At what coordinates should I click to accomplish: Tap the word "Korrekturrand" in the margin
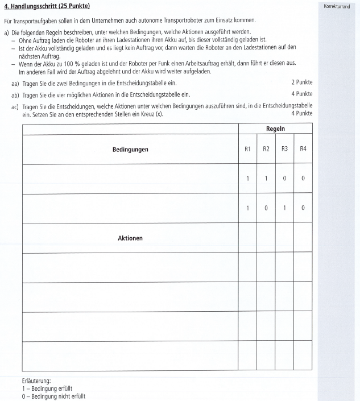click(x=336, y=6)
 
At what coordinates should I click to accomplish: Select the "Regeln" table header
click(x=275, y=130)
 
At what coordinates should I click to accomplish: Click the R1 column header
click(x=247, y=149)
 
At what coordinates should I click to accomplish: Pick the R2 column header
click(x=266, y=149)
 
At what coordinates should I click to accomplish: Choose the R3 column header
click(x=284, y=149)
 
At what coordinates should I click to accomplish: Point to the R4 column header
click(x=303, y=149)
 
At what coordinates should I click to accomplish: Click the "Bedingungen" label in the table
click(x=130, y=150)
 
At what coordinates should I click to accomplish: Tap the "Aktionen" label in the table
click(x=130, y=238)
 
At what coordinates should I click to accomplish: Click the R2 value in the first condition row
click(x=266, y=179)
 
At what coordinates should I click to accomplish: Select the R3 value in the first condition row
click(x=284, y=179)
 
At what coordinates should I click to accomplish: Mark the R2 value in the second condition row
click(x=266, y=208)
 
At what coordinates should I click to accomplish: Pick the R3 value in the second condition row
click(x=284, y=208)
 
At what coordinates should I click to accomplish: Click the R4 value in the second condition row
click(x=303, y=208)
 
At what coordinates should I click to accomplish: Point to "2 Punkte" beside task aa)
click(x=301, y=82)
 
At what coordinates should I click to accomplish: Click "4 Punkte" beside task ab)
click(x=301, y=93)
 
